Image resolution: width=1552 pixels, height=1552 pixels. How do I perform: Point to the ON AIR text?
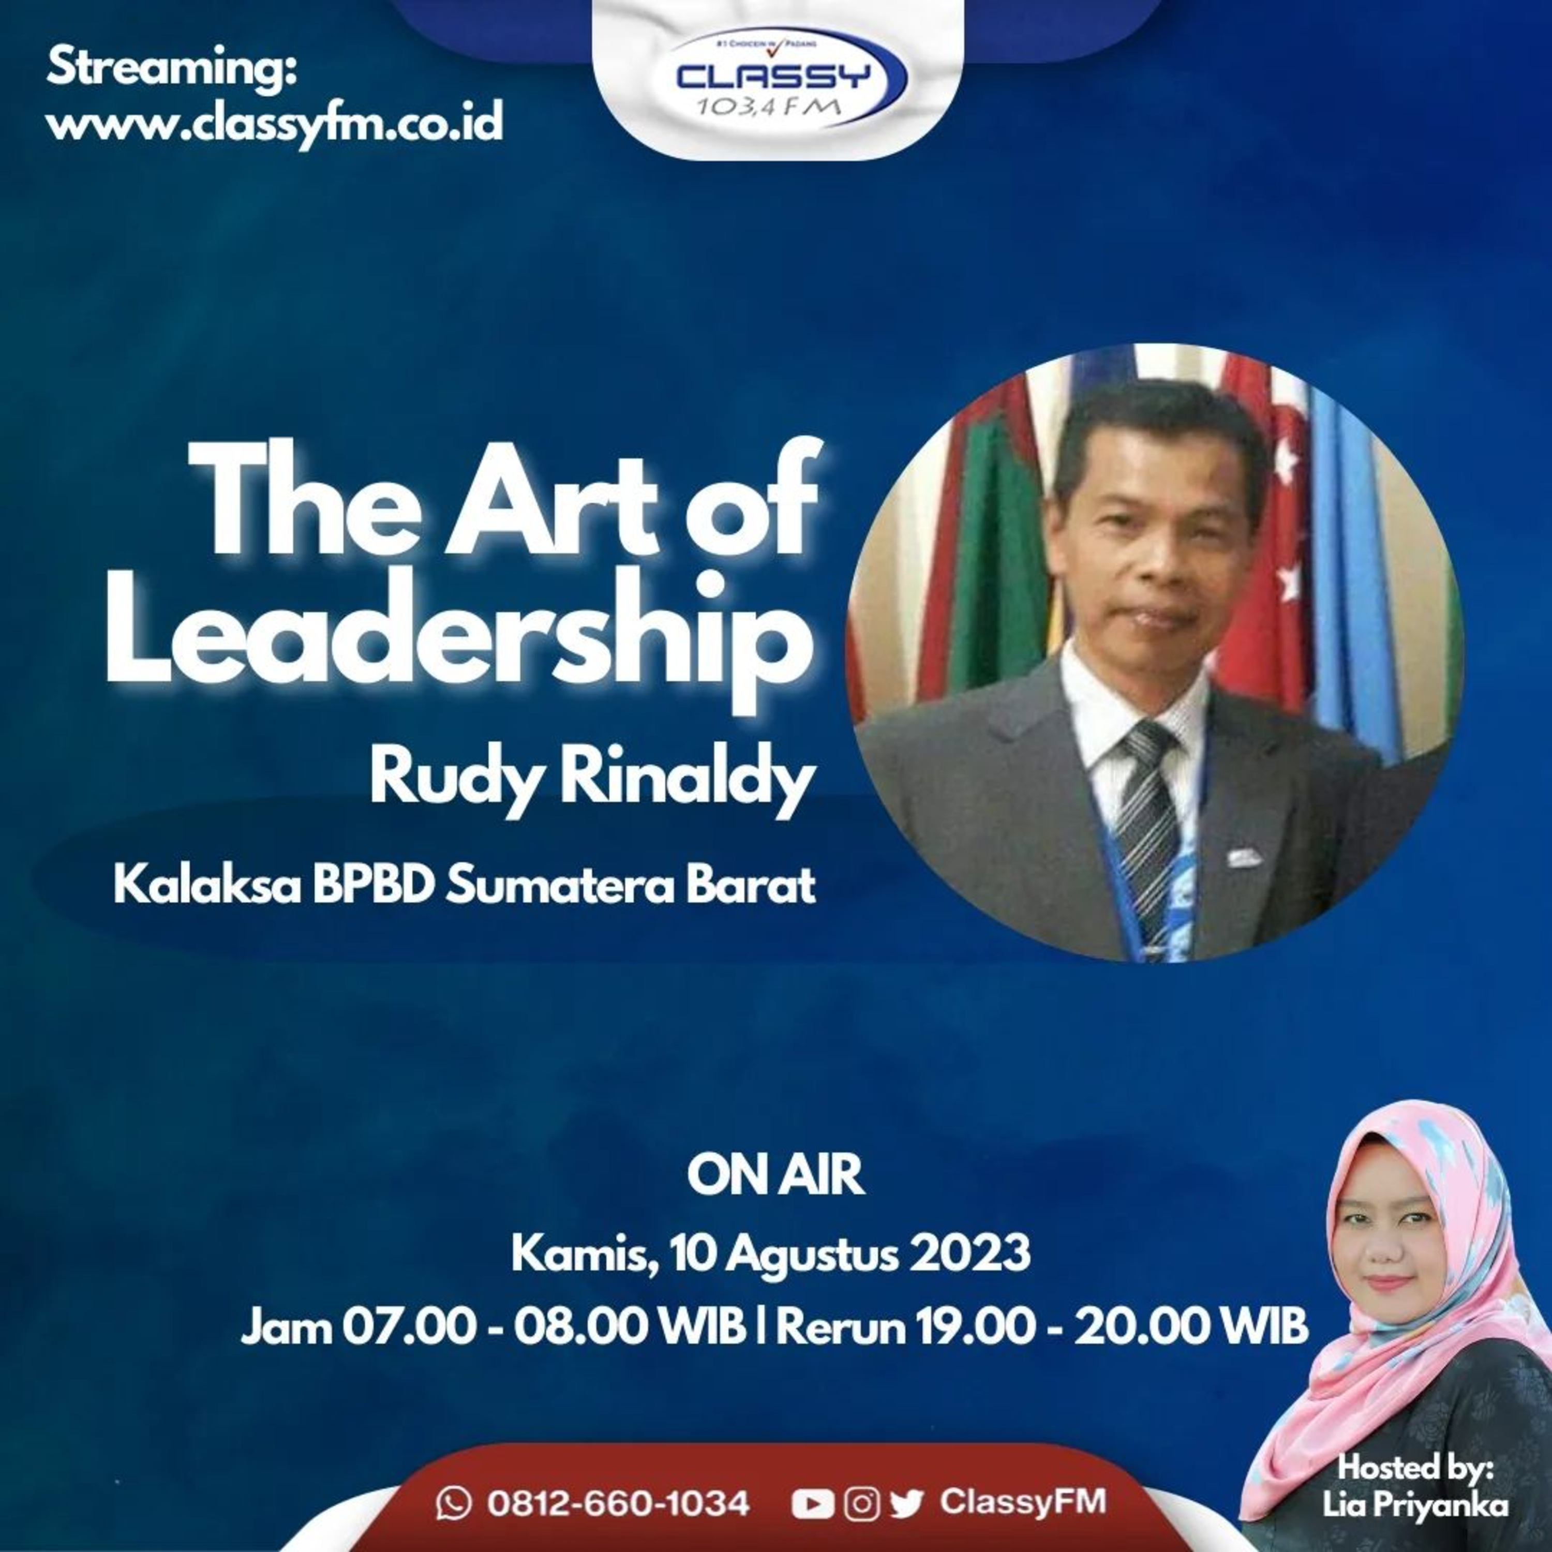click(775, 1175)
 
